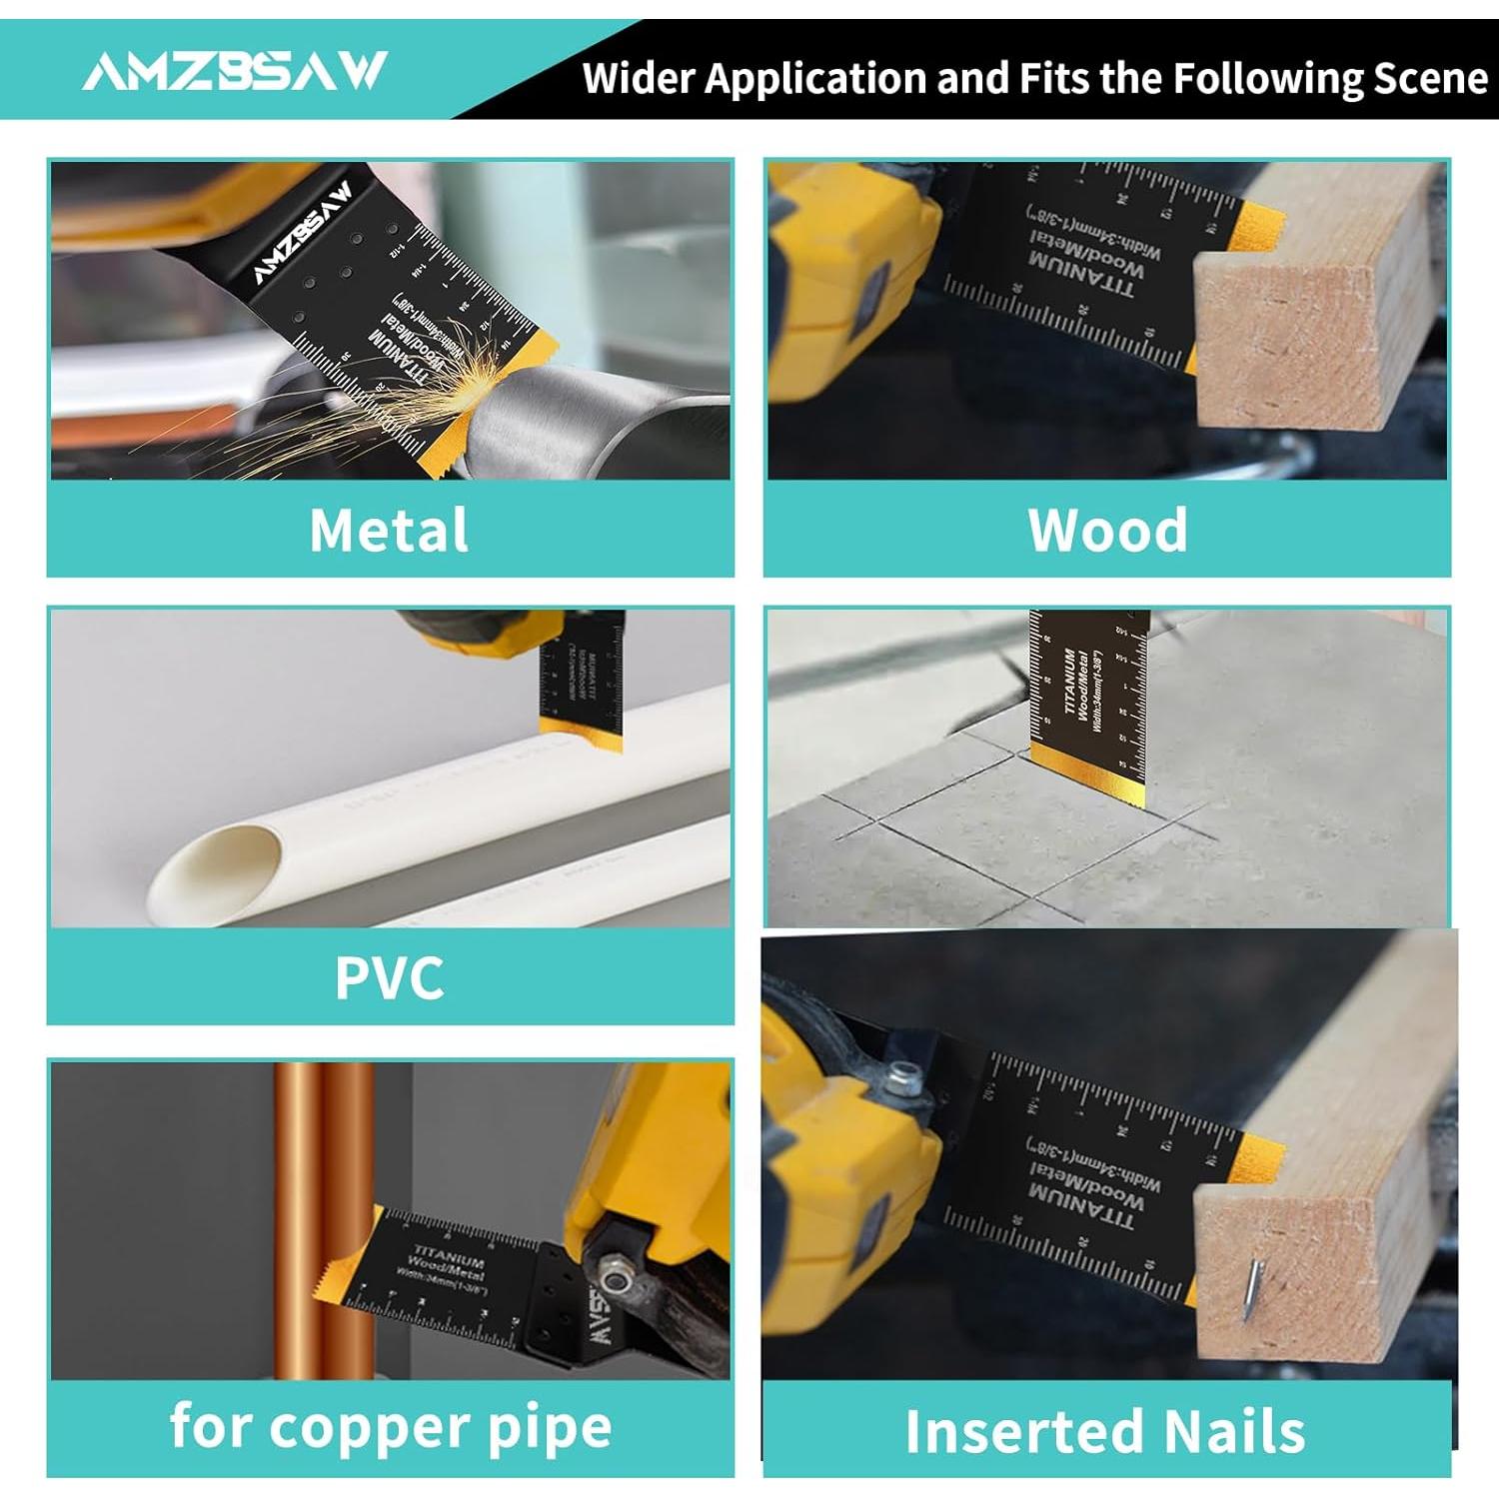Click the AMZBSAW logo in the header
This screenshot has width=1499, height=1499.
pyautogui.click(x=234, y=71)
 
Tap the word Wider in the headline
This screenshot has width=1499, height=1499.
pyautogui.click(x=639, y=78)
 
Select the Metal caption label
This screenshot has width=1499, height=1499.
pyautogui.click(x=389, y=530)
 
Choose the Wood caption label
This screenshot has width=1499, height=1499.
pyautogui.click(x=1107, y=530)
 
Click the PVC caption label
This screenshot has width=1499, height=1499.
pyautogui.click(x=389, y=977)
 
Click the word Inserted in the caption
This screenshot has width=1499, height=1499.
pyautogui.click(x=1014, y=1431)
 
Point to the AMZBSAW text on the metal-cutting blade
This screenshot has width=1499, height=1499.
pyautogui.click(x=302, y=232)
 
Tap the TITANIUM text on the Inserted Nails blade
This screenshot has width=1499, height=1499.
pyautogui.click(x=1082, y=1206)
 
